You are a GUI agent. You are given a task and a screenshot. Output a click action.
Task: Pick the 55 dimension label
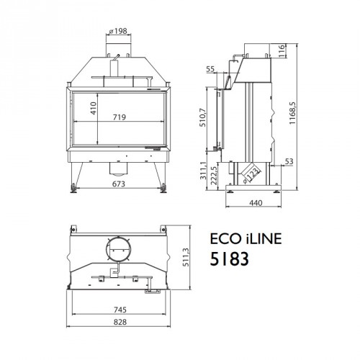click(x=210, y=69)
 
